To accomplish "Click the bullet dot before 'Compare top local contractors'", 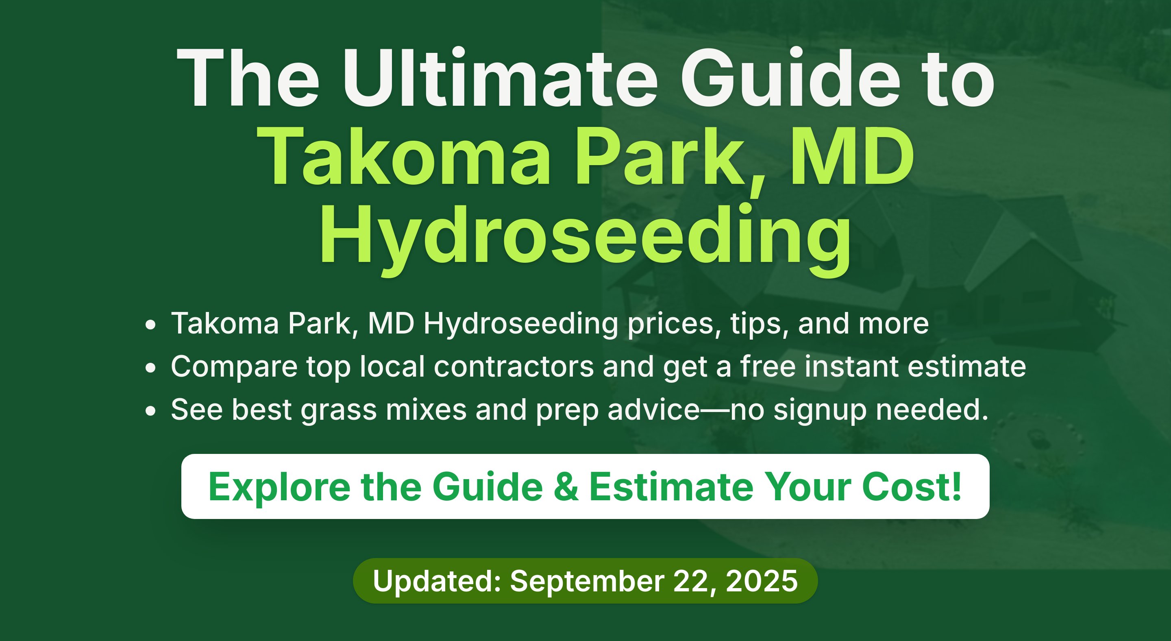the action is pos(150,368).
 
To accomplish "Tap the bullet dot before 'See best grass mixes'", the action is pos(150,411).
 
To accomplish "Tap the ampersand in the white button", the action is pos(566,487).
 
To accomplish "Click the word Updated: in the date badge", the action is pos(437,581).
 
